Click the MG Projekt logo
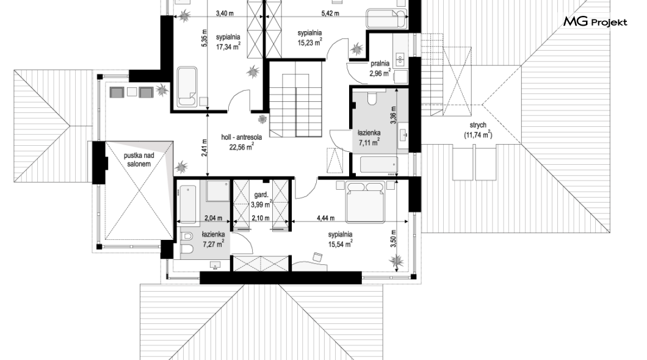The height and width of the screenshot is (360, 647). [x=595, y=22]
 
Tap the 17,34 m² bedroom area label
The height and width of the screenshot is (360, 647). [x=228, y=47]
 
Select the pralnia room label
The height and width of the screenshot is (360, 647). [x=380, y=63]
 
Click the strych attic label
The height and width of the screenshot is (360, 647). [x=478, y=125]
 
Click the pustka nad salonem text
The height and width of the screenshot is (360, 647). [x=139, y=160]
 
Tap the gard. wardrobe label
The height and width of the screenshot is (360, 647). [x=261, y=195]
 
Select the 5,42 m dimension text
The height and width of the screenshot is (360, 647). [x=330, y=13]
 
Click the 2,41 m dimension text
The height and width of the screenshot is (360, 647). [x=204, y=148]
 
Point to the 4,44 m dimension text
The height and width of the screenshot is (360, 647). [x=325, y=218]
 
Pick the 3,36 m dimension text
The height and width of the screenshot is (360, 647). [x=393, y=115]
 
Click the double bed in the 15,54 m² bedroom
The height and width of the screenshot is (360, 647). [x=365, y=201]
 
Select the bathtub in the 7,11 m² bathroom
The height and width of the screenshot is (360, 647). [x=379, y=165]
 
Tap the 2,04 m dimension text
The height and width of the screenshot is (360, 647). [x=214, y=218]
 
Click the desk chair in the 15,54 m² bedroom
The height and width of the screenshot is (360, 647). [x=317, y=257]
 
